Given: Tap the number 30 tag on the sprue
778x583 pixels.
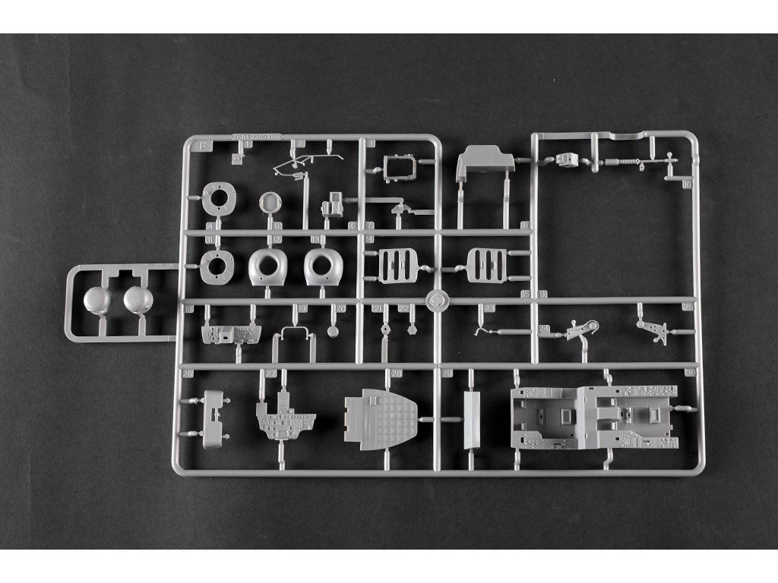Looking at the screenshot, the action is pos(690,373).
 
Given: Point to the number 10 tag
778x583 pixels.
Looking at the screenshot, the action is pos(687,184).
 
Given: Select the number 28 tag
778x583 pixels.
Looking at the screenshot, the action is pos(397,373).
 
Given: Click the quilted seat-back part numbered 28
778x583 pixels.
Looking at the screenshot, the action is pos(380,418).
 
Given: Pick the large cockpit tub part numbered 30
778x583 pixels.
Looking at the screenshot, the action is pos(593,418).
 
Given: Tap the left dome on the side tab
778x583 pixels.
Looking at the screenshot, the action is pos(96,301).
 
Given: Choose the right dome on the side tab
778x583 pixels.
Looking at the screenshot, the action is pos(138,301).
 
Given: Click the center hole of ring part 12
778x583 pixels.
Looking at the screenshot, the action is pos(268,264).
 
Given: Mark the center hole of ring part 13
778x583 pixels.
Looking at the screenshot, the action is pos(321,263).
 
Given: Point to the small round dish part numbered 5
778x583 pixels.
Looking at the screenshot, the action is pos(270,202).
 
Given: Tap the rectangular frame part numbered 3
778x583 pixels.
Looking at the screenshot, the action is pos(399,168).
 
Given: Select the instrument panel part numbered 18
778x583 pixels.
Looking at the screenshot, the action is pos(229,333).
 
